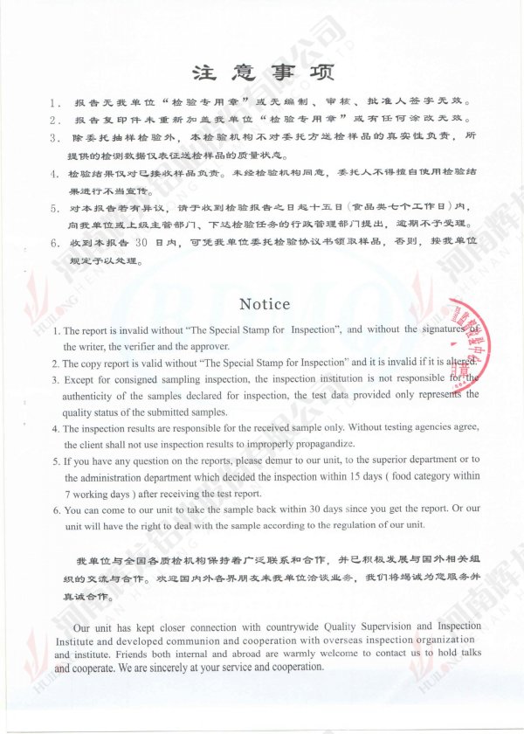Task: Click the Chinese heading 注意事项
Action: coord(263,71)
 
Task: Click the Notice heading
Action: coord(265,304)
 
